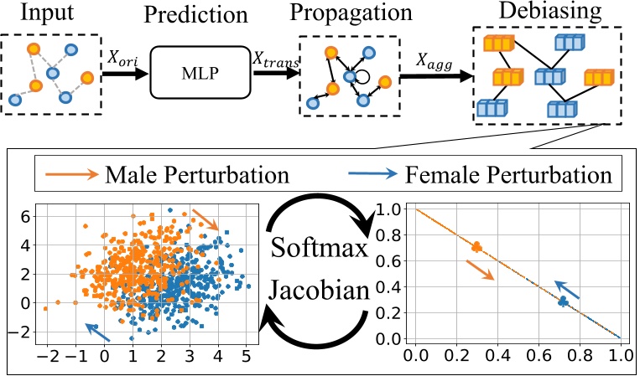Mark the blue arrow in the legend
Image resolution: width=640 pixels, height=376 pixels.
point(372,177)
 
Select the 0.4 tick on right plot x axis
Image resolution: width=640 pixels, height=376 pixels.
point(497,355)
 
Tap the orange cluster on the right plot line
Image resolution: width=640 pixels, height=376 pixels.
point(476,246)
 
